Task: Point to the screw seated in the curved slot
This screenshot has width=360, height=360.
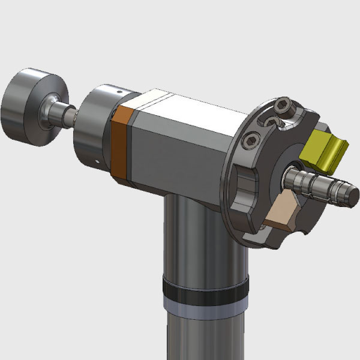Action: [271, 122]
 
